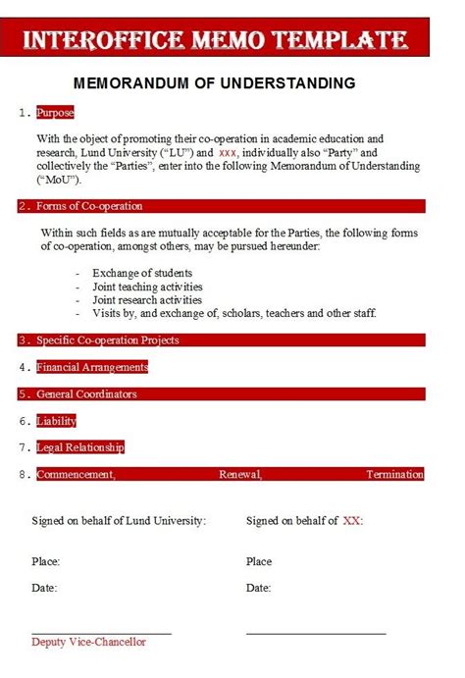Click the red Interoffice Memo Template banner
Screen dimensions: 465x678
point(215,40)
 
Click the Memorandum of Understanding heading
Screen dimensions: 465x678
point(215,83)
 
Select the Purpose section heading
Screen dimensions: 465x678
point(55,113)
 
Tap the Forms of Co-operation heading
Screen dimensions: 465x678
point(89,206)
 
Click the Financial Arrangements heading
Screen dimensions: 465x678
point(92,367)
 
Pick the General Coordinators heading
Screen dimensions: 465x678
point(86,394)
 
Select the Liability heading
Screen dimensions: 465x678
point(56,421)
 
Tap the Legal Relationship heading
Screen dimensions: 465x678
point(80,447)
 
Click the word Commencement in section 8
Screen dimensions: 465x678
point(76,475)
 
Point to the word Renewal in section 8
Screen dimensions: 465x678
point(240,475)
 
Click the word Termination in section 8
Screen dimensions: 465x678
point(394,475)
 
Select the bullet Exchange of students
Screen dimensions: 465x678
point(142,273)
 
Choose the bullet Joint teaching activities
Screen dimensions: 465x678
point(147,287)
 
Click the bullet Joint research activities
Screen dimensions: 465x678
point(147,300)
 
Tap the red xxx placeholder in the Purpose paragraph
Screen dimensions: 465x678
point(228,153)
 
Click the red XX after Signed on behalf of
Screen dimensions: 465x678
point(352,521)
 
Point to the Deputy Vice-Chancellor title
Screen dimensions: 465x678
point(88,642)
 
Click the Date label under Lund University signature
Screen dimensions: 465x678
point(44,588)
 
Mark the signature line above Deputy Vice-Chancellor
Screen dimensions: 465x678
point(101,633)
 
